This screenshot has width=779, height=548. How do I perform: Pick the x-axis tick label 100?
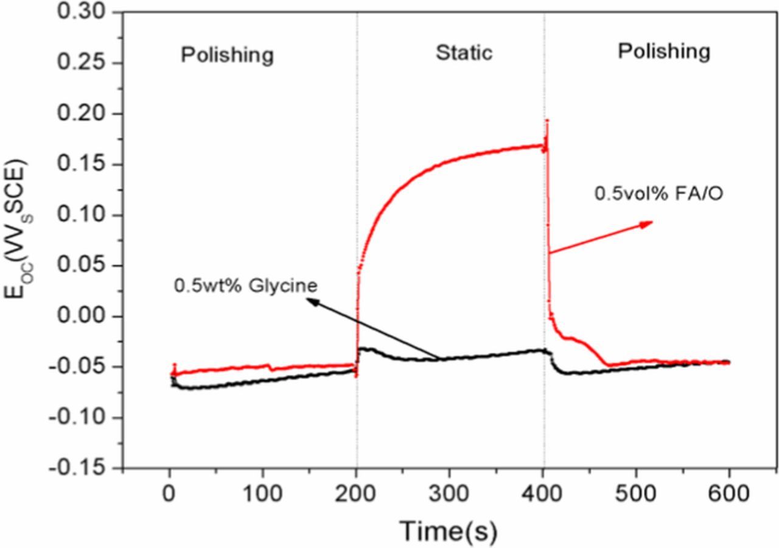262,493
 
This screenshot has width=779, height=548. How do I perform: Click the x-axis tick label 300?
449,493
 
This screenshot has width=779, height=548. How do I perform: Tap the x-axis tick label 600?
729,493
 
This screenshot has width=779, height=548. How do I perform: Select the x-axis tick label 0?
169,493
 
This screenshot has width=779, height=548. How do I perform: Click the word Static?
464,54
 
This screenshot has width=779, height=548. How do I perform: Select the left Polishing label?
227,55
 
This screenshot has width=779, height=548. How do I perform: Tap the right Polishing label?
663,52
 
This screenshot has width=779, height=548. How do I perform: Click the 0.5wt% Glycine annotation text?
246,285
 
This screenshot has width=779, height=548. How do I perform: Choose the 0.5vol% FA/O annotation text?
658,194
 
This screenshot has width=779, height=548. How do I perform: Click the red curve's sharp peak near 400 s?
547,121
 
